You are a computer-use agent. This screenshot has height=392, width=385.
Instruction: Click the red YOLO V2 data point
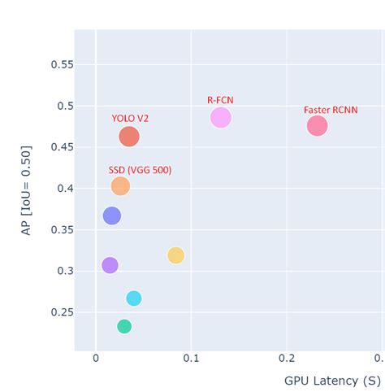pyautogui.click(x=128, y=137)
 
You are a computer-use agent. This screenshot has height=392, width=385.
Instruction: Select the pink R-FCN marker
pyautogui.click(x=220, y=118)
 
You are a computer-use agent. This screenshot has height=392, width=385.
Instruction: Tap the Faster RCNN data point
pyautogui.click(x=317, y=126)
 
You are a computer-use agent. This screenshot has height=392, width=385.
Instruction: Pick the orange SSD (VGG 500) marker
pyautogui.click(x=120, y=186)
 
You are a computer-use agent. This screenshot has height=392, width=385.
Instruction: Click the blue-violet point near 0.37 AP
pyautogui.click(x=112, y=216)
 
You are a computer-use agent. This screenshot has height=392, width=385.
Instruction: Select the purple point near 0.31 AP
pyautogui.click(x=110, y=265)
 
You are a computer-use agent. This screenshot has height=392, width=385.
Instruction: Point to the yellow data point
pyautogui.click(x=175, y=255)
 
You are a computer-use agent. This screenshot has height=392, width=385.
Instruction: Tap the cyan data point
pyautogui.click(x=134, y=298)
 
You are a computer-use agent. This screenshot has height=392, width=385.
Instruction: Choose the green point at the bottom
pyautogui.click(x=124, y=326)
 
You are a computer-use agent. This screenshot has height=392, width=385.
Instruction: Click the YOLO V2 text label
pyautogui.click(x=130, y=119)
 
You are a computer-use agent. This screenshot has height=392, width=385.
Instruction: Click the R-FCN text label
pyautogui.click(x=220, y=100)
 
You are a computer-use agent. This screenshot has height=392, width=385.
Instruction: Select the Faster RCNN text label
pyautogui.click(x=331, y=110)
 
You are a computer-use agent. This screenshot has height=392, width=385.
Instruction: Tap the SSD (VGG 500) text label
pyautogui.click(x=140, y=170)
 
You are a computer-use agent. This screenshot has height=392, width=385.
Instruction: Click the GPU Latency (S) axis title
pyautogui.click(x=332, y=381)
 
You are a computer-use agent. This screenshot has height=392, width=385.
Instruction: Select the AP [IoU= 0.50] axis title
pyautogui.click(x=26, y=190)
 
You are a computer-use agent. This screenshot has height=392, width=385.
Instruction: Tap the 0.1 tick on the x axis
pyautogui.click(x=191, y=359)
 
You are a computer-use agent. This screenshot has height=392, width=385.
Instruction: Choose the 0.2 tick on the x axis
pyautogui.click(x=287, y=359)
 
